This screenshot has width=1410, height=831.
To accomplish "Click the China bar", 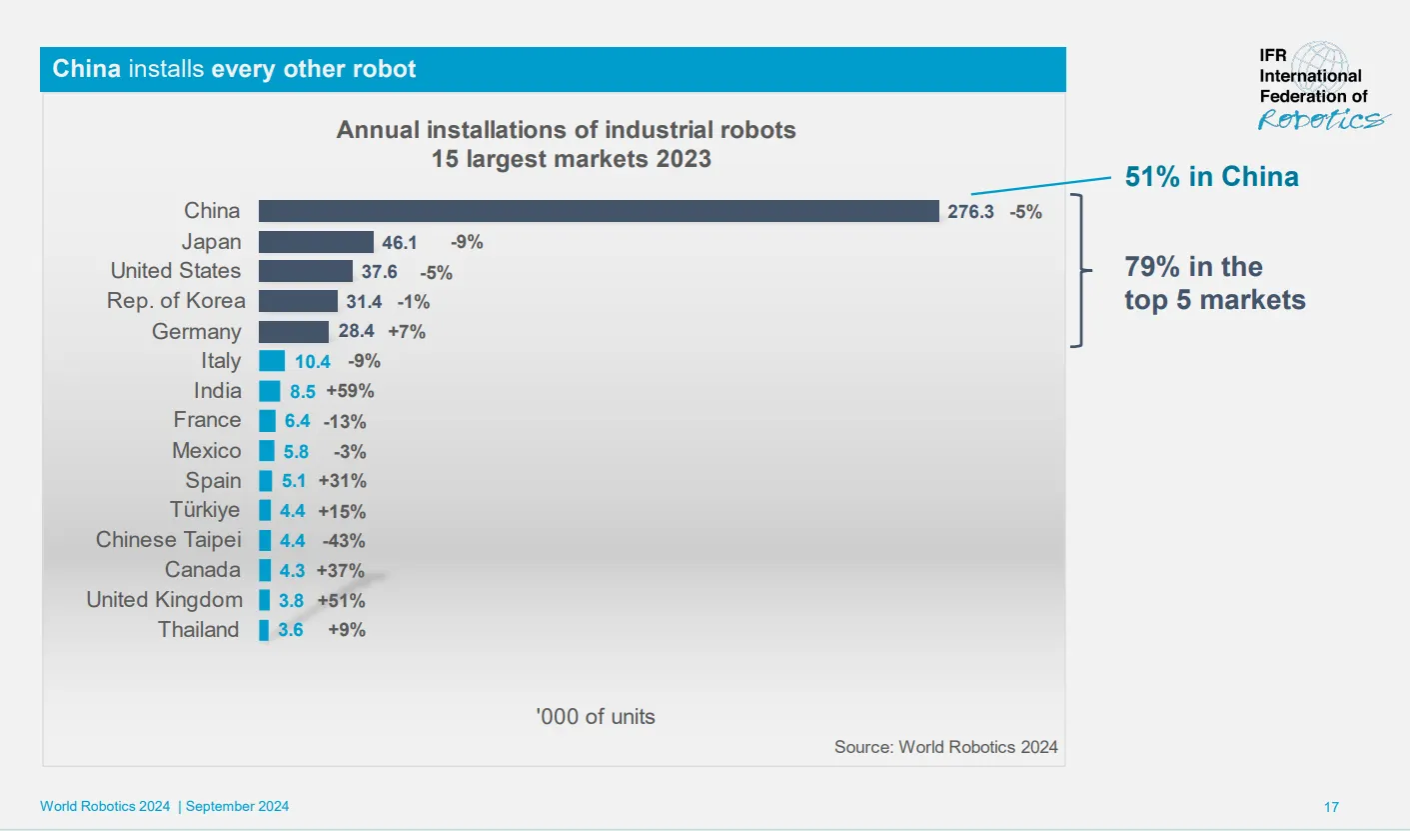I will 599,211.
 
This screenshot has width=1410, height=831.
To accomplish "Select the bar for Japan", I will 316,241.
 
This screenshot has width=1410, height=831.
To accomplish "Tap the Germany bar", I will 294,331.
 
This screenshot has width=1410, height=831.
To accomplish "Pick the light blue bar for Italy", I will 272,361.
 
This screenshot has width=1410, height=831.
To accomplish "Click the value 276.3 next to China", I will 970,212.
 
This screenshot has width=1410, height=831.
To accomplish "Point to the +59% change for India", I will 350,391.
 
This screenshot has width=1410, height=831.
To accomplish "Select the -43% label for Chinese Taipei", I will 344,541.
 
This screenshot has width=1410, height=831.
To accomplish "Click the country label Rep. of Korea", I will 176,301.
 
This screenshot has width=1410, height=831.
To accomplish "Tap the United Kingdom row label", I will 164,600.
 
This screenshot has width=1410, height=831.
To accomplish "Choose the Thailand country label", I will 199,630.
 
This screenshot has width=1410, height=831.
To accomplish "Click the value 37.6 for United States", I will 380,272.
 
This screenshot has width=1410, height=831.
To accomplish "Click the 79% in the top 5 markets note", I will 1214,283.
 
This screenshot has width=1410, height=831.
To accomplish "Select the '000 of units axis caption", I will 596,716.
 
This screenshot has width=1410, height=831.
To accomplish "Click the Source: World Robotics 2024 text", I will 945,747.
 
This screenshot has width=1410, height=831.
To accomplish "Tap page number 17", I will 1331,807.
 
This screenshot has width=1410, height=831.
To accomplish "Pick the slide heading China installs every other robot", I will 235,69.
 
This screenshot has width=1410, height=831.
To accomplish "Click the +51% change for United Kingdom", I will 341,601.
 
